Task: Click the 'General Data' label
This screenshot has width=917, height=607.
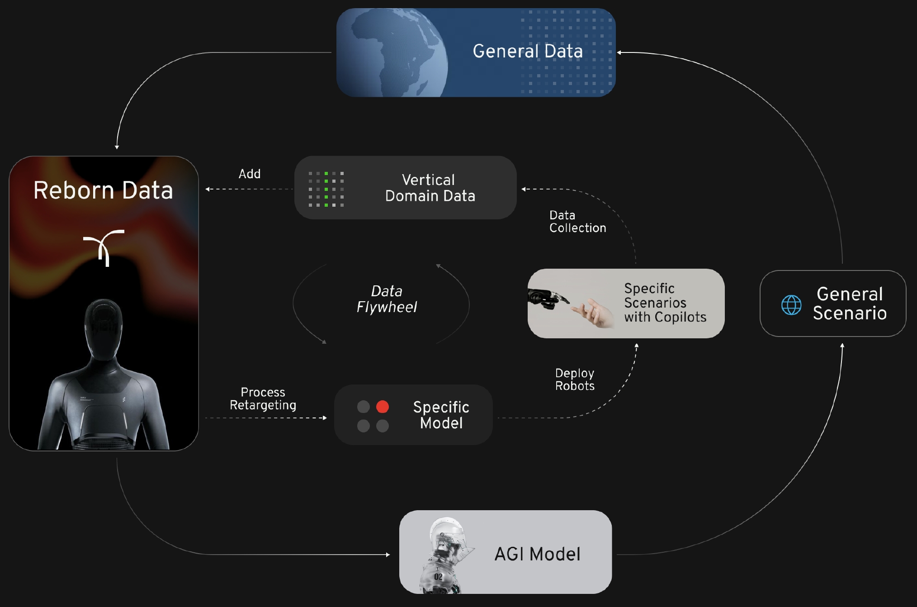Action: pyautogui.click(x=528, y=51)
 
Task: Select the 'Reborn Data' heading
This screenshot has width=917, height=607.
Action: pyautogui.click(x=103, y=190)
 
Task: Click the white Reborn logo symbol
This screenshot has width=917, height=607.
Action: pyautogui.click(x=104, y=247)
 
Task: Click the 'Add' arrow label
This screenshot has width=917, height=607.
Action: pyautogui.click(x=250, y=174)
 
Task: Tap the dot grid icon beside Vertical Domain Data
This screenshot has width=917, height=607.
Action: pyautogui.click(x=326, y=189)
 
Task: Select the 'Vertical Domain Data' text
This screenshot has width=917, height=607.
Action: pyautogui.click(x=430, y=188)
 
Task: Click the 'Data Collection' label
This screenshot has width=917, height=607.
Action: pyautogui.click(x=577, y=222)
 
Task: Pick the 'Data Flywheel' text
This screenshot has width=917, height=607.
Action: pyautogui.click(x=387, y=299)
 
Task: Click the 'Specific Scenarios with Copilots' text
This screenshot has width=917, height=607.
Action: pyautogui.click(x=665, y=303)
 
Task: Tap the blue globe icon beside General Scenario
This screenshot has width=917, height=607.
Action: pyautogui.click(x=791, y=305)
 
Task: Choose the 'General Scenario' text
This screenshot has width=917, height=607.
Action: pyautogui.click(x=849, y=303)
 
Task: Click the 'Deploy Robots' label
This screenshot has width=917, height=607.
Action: pyautogui.click(x=575, y=379)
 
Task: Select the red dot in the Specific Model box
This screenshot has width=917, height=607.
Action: pyautogui.click(x=383, y=407)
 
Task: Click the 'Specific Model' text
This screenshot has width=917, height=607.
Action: pyautogui.click(x=441, y=415)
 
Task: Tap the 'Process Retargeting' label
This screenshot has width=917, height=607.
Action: pyautogui.click(x=263, y=398)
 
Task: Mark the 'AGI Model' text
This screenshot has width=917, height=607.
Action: pyautogui.click(x=537, y=554)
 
